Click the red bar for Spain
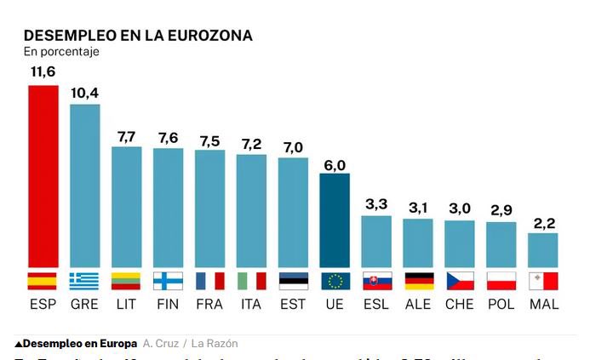[43, 176]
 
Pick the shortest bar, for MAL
[542, 249]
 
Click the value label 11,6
[43, 73]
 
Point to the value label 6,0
[335, 166]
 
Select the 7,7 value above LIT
[126, 136]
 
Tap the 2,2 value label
[542, 222]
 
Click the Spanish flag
[43, 281]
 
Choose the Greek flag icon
[84, 281]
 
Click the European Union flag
[335, 281]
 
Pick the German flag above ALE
[417, 281]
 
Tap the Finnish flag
[168, 281]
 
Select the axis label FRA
[209, 304]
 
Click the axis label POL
[501, 304]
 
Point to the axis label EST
[293, 304]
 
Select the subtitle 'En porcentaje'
[61, 52]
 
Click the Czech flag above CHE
[459, 281]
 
